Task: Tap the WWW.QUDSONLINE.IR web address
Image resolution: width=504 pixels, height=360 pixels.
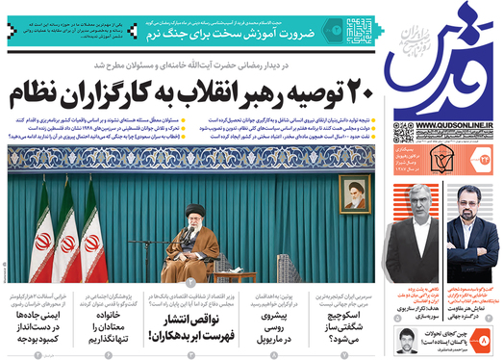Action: tap(445, 125)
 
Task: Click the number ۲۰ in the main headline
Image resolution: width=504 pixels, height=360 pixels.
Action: tap(357, 96)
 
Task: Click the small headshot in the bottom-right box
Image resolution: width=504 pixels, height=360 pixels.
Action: tap(402, 339)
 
